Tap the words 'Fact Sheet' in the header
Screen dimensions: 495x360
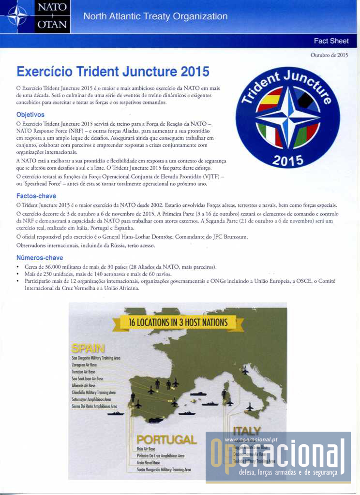coord(331,41)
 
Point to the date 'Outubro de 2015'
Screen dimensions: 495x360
coord(329,55)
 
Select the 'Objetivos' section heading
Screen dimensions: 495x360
coord(30,115)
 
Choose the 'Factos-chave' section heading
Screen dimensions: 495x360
coord(36,196)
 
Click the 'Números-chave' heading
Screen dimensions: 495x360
coord(40,258)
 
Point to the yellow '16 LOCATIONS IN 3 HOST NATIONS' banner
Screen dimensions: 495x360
coord(178,322)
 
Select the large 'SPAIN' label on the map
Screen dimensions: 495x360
coord(88,348)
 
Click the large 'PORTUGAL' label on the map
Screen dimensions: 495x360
coord(166,439)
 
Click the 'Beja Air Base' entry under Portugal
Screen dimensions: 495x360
coord(146,449)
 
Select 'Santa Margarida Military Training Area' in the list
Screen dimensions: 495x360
coord(164,469)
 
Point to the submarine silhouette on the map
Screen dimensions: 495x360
coord(198,394)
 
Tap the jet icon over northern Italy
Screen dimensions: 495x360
coord(245,371)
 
